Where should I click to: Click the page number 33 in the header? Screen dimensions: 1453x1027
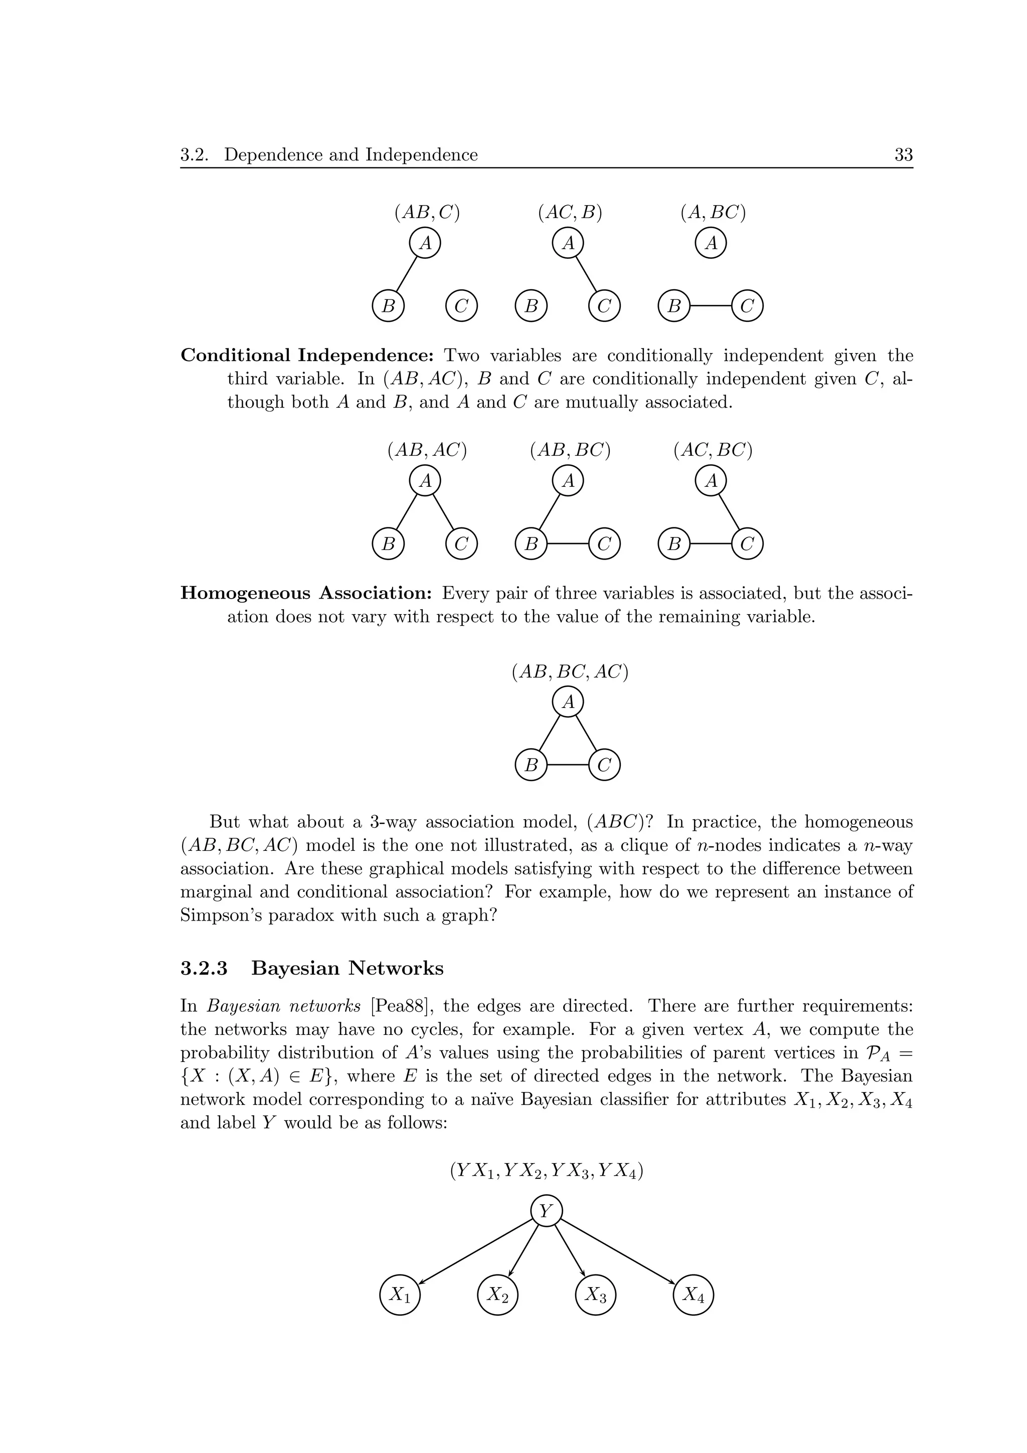click(903, 154)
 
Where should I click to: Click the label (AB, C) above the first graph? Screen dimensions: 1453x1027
click(426, 212)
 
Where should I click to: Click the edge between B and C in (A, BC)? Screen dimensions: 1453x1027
click(711, 306)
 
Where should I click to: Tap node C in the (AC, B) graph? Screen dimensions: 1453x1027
click(604, 306)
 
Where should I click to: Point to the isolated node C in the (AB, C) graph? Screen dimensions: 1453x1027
click(461, 306)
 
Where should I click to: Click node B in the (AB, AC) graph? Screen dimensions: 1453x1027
click(389, 543)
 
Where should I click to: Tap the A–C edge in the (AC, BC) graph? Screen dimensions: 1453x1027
click(729, 512)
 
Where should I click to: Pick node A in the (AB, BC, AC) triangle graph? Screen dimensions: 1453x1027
click(568, 702)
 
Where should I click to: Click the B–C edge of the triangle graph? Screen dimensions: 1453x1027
click(568, 765)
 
